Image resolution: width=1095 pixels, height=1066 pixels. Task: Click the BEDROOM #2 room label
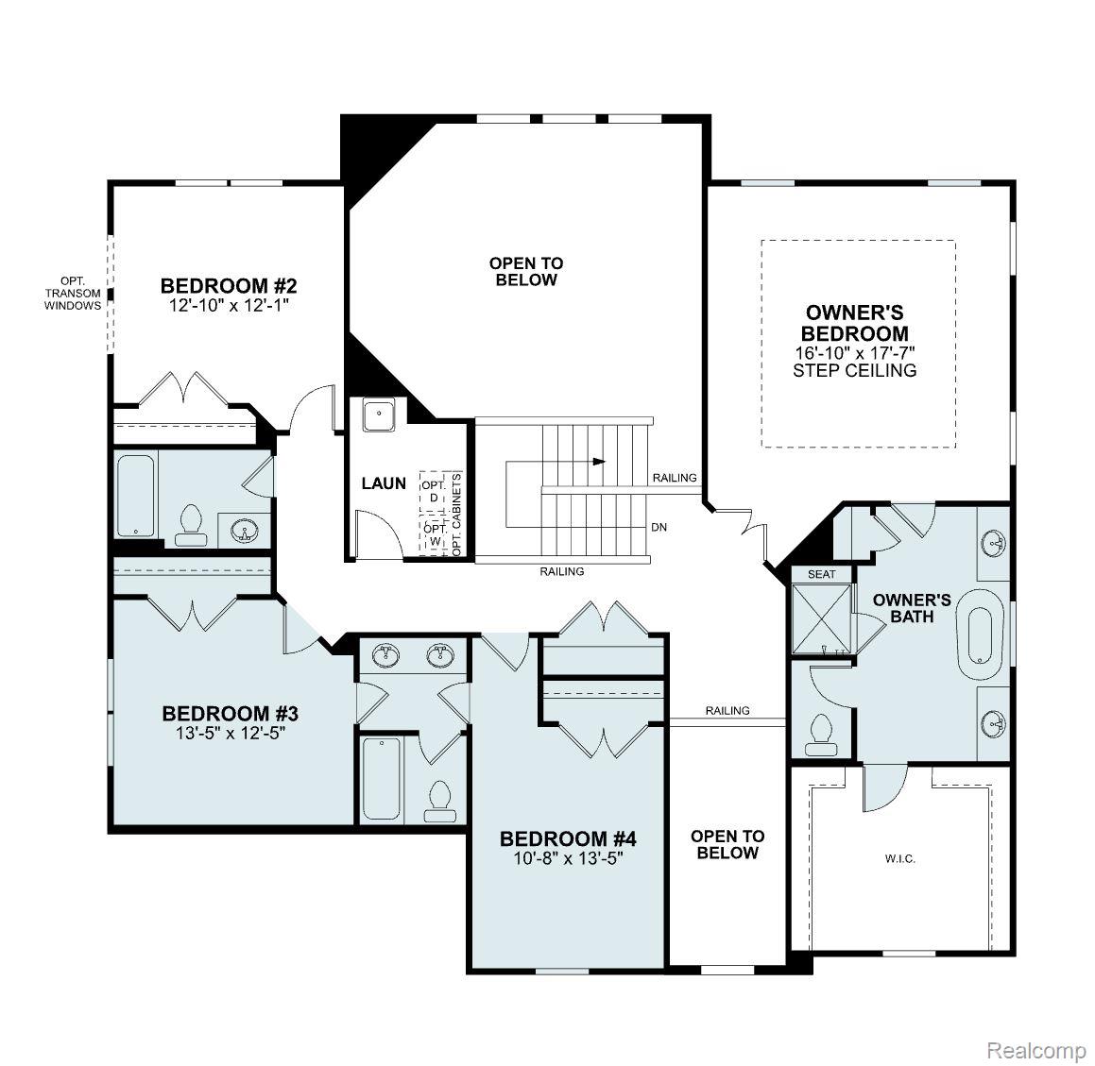pos(230,285)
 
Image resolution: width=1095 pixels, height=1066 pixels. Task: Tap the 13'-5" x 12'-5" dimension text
pos(230,731)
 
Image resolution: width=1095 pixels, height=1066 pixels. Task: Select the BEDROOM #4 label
pos(568,838)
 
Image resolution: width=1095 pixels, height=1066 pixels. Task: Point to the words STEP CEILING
pos(854,370)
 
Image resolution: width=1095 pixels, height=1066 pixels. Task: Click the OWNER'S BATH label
pos(911,607)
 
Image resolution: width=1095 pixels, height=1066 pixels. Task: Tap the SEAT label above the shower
pos(821,574)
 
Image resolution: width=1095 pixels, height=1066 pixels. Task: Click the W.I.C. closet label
pos(899,859)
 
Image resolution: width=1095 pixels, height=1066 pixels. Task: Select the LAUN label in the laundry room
pos(384,483)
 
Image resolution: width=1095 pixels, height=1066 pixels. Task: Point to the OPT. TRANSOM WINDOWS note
pos(73,293)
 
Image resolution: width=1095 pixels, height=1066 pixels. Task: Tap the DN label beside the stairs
pos(659,527)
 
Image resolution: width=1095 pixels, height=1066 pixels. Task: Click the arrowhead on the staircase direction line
pos(599,462)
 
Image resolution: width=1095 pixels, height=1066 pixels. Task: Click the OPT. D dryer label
pos(434,491)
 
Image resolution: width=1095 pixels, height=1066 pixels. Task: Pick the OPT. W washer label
pos(434,535)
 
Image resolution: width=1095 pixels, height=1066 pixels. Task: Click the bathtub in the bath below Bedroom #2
pos(136,495)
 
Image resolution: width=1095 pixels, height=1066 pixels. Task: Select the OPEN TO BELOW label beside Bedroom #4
pos(727,844)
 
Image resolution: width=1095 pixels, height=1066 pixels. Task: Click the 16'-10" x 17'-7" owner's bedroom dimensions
pos(855,352)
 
